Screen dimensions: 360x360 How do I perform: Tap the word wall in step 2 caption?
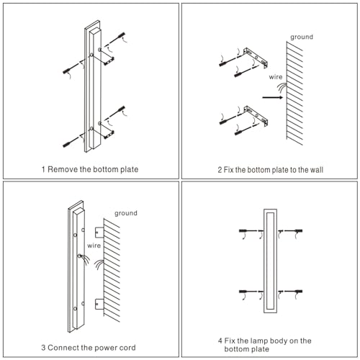(x=317, y=170)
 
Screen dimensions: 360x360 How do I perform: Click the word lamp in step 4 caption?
(x=259, y=341)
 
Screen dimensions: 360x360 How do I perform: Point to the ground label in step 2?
(x=302, y=37)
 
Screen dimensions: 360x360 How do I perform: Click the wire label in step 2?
(x=276, y=77)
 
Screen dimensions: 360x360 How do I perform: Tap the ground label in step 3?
(x=126, y=213)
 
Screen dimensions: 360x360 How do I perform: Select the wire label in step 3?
(x=94, y=246)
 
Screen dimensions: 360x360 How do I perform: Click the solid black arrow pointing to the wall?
(x=273, y=97)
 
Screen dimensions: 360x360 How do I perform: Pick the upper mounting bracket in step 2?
(x=256, y=58)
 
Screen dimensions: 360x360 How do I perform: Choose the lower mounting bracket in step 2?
(x=256, y=116)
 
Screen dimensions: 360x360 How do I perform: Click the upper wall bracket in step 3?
(x=99, y=233)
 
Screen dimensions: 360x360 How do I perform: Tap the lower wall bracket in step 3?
(x=99, y=304)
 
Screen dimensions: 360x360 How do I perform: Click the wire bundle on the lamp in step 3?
(x=84, y=259)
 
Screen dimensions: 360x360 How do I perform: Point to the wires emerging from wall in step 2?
(x=282, y=88)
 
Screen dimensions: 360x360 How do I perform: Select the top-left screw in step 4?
(x=248, y=231)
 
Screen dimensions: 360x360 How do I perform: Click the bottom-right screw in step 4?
(x=293, y=292)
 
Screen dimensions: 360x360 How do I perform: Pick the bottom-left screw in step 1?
(x=71, y=142)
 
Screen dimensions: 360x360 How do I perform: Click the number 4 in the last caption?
(x=220, y=341)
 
